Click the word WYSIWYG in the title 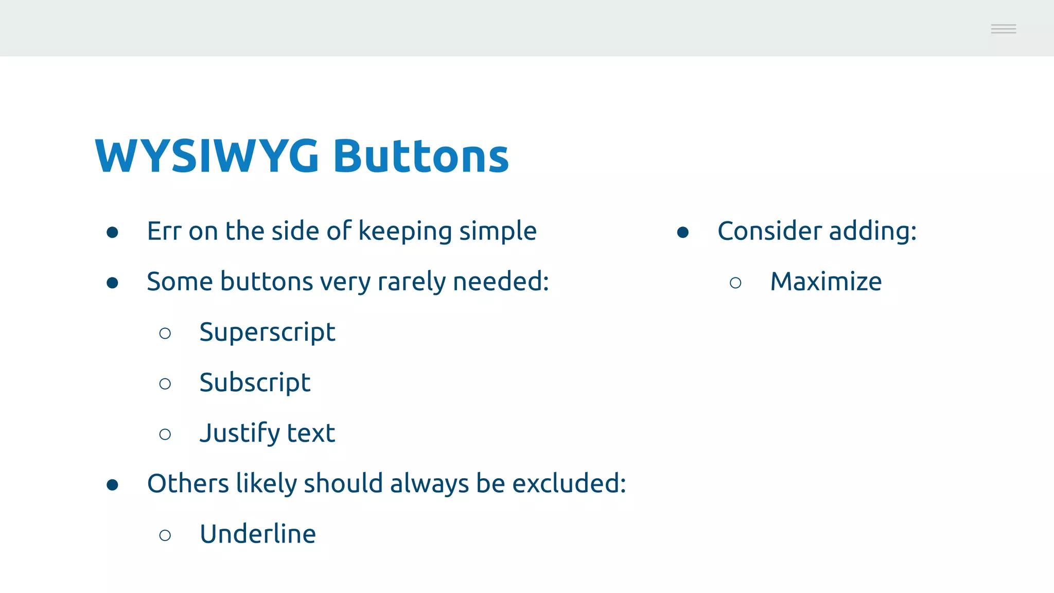[207, 155]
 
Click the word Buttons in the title [421, 155]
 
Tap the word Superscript [267, 333]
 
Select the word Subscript [255, 383]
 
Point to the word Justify [239, 433]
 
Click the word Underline [258, 534]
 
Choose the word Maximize [825, 282]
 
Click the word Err [164, 231]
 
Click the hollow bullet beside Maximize [735, 283]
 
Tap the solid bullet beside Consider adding [683, 233]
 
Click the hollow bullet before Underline [165, 535]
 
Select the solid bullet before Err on [112, 233]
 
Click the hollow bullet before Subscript [165, 384]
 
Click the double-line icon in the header [1003, 29]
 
